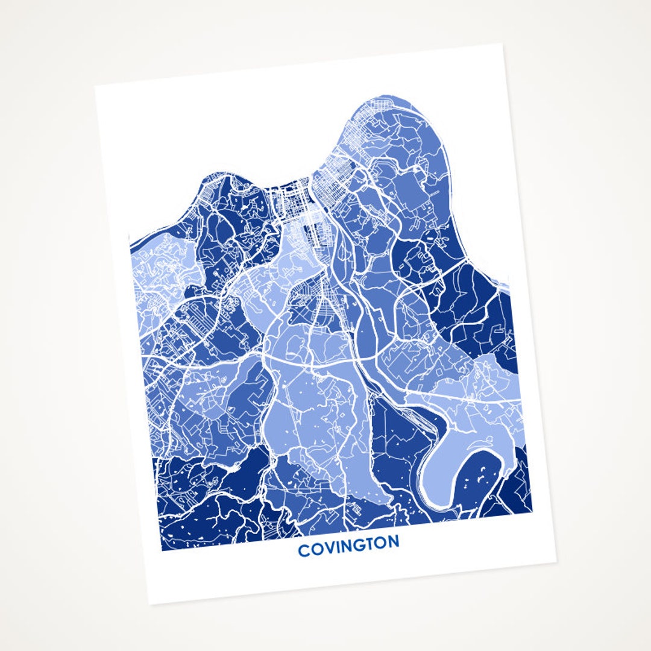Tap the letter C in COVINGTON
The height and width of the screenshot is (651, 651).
pos(303,550)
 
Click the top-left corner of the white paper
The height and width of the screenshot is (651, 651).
pos(95,86)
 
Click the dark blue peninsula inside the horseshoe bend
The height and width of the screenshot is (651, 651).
pos(481,476)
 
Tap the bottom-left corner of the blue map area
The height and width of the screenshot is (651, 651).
pos(162,550)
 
